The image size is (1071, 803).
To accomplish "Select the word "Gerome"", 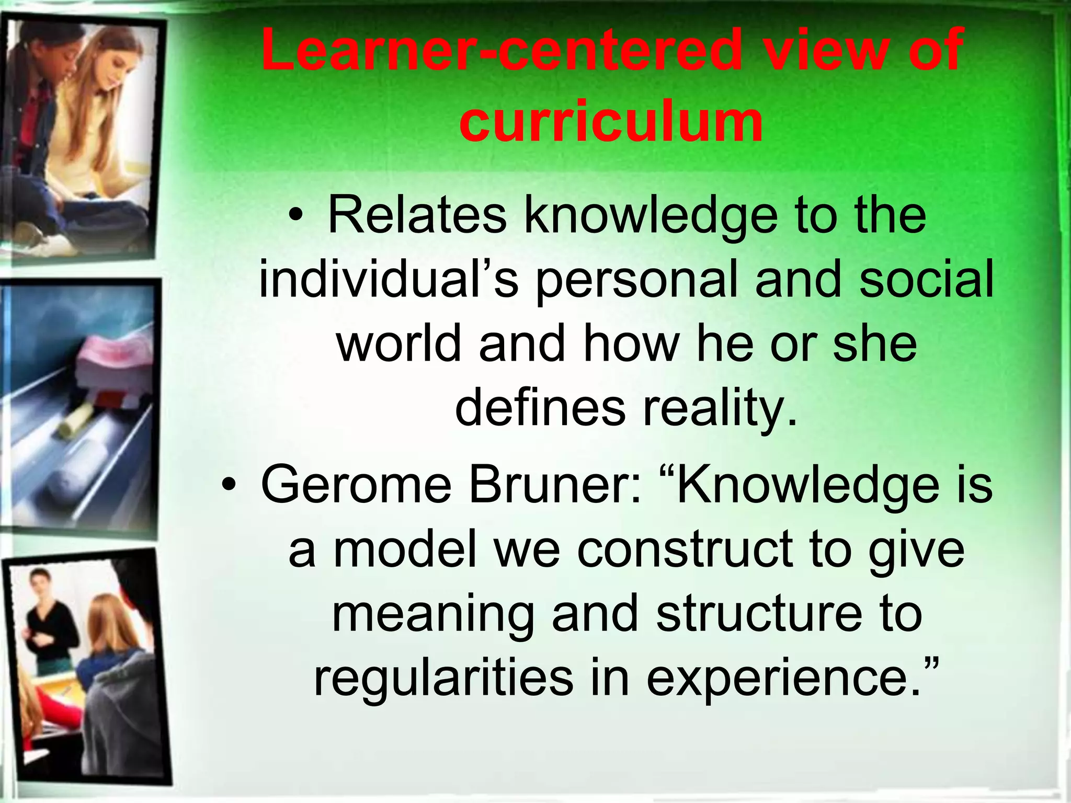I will click(x=356, y=485).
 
